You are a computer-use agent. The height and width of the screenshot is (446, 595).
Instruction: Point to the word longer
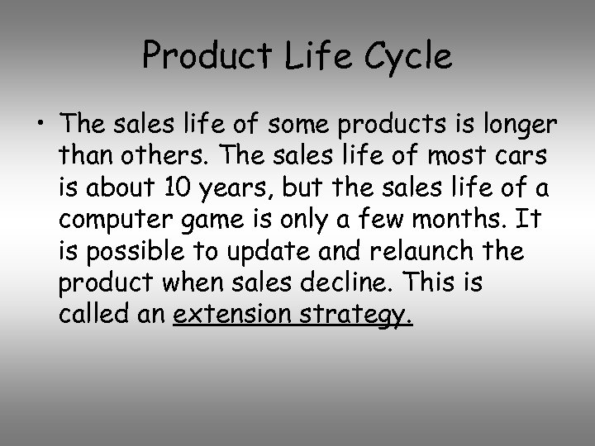518,126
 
